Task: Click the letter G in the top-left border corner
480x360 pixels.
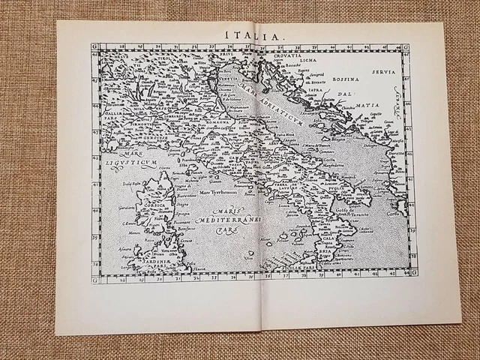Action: (95, 46)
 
